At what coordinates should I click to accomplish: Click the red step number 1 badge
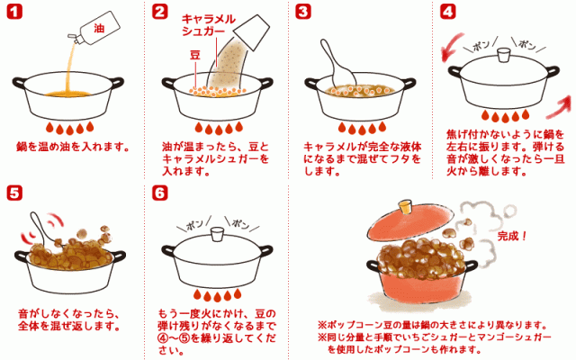click(13, 13)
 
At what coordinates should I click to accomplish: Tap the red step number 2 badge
click(159, 13)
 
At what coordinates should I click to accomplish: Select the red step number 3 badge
click(302, 13)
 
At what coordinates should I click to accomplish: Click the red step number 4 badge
click(447, 13)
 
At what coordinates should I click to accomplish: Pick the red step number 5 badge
click(13, 192)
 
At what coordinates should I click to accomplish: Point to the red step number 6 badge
click(159, 192)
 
